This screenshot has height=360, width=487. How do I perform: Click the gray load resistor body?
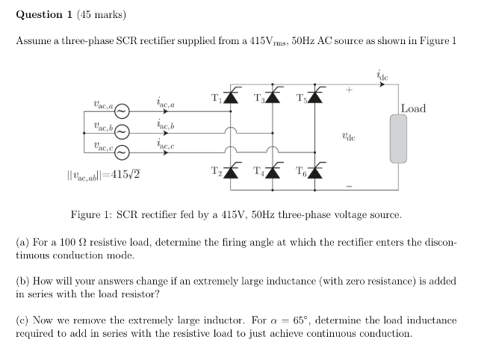(399, 139)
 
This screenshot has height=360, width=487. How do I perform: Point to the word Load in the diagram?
(413, 109)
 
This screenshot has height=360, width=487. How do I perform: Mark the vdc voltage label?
(347, 137)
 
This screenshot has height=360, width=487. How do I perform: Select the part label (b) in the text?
(23, 282)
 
